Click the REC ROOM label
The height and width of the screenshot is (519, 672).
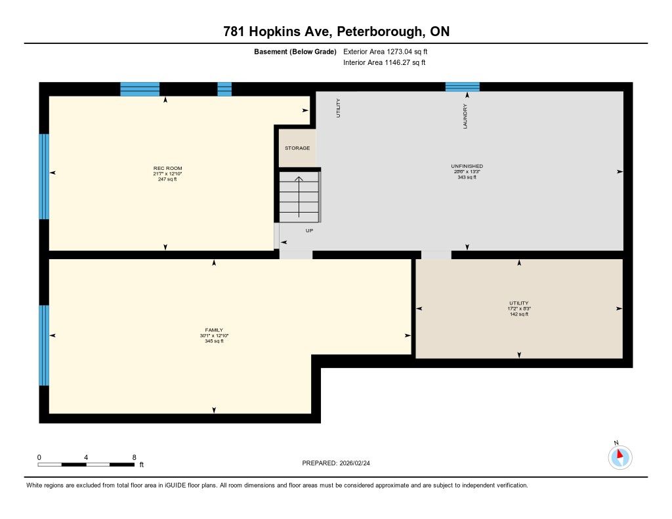coord(167,169)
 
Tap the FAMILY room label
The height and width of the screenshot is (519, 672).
coord(214,330)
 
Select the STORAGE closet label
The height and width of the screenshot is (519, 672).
coord(297,148)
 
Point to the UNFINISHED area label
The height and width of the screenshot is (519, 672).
coord(467,166)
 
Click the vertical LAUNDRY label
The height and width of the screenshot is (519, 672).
coord(465,116)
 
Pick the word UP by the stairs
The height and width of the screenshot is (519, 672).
coord(310,230)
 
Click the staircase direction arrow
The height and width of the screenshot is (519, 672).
coord(299,197)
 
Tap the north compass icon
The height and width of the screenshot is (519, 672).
coord(619,457)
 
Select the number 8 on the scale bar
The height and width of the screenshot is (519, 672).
coord(134,457)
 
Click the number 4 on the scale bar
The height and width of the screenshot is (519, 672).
coord(86,457)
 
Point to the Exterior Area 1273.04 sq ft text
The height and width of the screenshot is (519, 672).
coord(385,51)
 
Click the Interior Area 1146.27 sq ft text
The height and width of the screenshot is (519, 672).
coord(385,62)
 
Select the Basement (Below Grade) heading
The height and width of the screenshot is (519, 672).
coord(295,51)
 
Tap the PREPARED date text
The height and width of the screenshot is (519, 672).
coord(336,463)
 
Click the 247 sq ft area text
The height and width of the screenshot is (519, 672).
coord(167,179)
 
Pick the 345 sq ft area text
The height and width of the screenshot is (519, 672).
coord(214,341)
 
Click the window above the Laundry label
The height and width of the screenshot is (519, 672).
coord(463,87)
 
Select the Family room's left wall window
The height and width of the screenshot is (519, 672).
coord(44,345)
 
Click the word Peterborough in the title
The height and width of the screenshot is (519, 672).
coord(379,31)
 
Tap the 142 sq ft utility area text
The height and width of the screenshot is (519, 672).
coord(519,314)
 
